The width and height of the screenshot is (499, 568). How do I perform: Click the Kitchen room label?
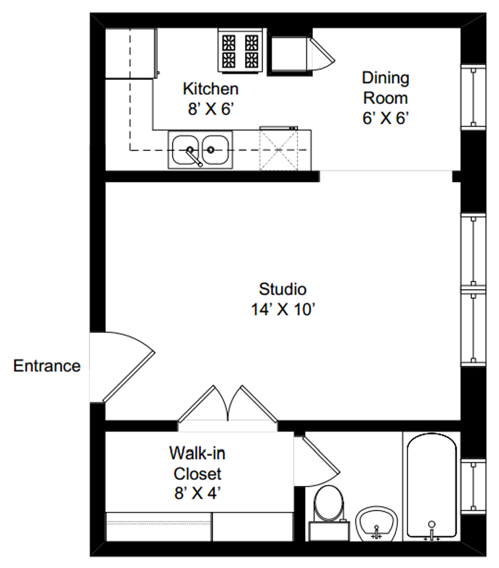coord(211,89)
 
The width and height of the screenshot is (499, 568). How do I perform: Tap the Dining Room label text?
coord(385,88)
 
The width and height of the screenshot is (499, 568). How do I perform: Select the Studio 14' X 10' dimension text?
coord(283,310)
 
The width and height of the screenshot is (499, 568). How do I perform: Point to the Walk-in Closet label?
coord(197,463)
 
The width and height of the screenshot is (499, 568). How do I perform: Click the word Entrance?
coord(47,366)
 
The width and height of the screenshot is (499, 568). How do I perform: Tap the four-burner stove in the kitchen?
coord(240,50)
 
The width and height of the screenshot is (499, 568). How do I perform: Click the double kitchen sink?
coord(200,150)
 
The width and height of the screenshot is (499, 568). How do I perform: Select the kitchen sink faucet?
coord(194,157)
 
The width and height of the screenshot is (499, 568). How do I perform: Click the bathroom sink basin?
coord(376,524)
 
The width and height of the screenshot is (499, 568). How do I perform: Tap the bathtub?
coord(432,485)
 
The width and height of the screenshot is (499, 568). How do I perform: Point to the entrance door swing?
coord(123,367)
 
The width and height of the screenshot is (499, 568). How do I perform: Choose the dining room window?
coord(473,97)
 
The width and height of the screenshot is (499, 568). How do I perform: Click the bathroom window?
coord(473,486)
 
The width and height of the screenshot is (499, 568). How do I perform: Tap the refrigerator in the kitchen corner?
coord(131,54)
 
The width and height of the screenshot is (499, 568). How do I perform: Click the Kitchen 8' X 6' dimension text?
coord(211,109)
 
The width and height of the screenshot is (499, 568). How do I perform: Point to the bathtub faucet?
coord(432,531)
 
